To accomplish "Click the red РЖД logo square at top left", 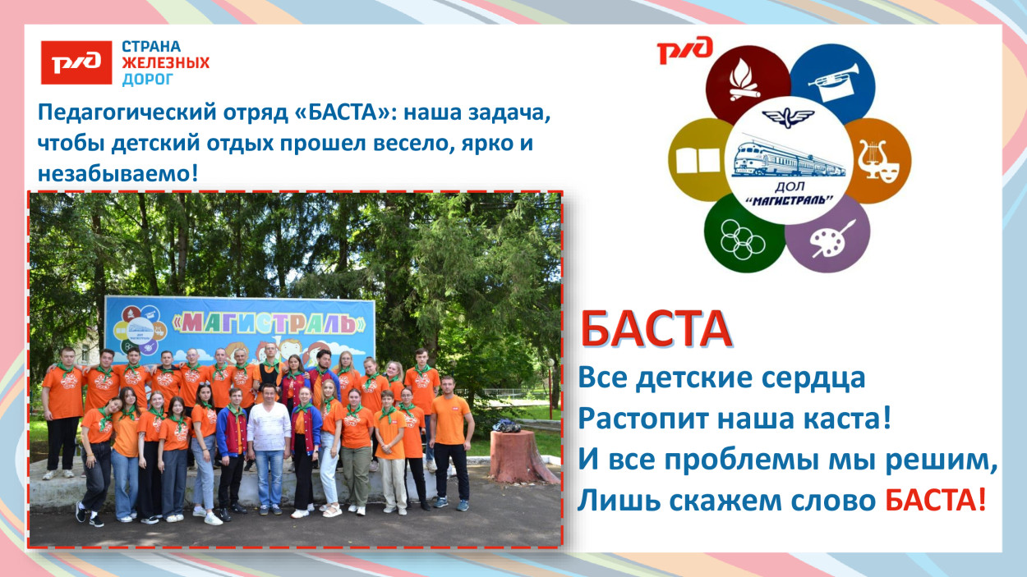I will tap(76, 62).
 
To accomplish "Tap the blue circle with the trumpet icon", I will tap(831, 83).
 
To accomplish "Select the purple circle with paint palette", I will tap(828, 232).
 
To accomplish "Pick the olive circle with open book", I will tap(700, 159).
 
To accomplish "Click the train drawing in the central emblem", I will tap(787, 158).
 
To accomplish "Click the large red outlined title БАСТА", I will tap(656, 329).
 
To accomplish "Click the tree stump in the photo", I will tap(512, 456).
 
